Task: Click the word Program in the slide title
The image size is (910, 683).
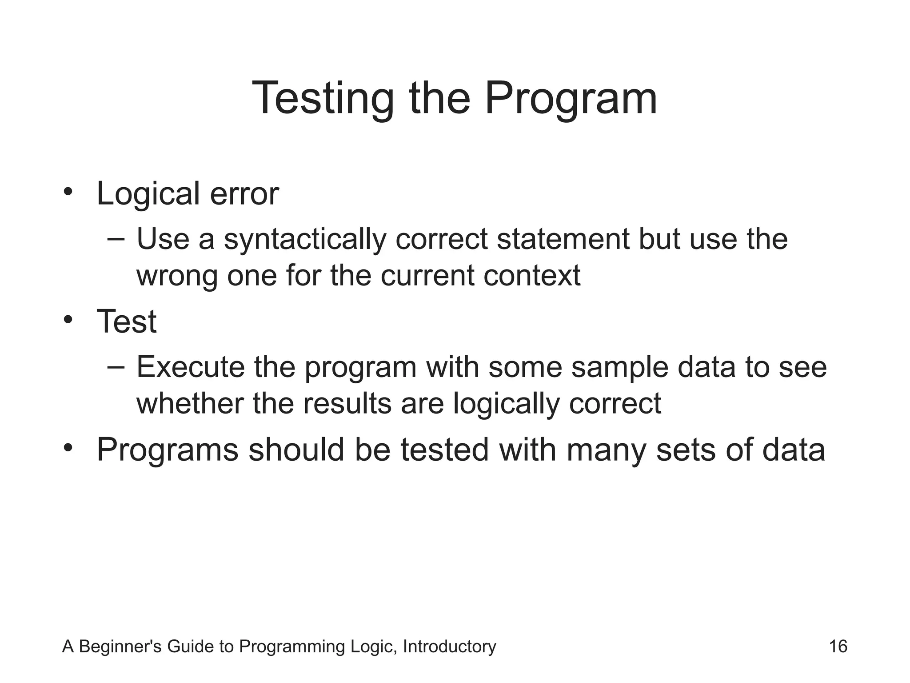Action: pos(571,99)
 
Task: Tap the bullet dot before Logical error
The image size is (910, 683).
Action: pos(68,192)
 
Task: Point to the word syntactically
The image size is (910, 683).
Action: pos(305,240)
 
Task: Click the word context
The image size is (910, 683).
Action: pos(531,276)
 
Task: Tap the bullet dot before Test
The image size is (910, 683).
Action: pos(68,320)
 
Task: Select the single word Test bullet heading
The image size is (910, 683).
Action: pos(127,321)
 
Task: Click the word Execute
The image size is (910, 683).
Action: pos(191,367)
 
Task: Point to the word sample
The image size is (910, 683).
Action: pos(619,367)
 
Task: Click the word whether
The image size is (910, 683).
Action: pos(190,403)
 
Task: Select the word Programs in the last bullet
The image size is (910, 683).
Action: pos(168,450)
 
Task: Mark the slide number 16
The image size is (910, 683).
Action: pos(838,646)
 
